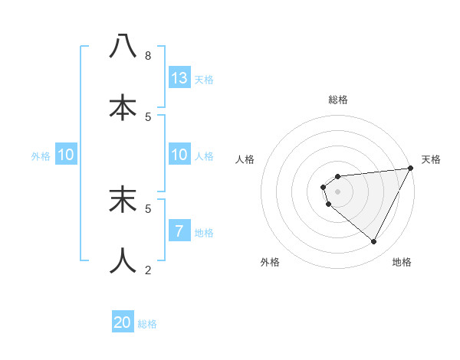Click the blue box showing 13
tap(179, 77)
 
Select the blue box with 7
tap(179, 231)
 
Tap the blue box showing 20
tap(123, 322)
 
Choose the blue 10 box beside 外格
tap(66, 155)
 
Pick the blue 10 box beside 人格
tap(179, 155)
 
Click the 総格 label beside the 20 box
tap(147, 324)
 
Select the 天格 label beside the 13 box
tap(204, 79)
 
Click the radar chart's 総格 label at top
tap(337, 100)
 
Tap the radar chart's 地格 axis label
tap(402, 262)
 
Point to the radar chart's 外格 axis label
tap(270, 262)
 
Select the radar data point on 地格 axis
tap(374, 242)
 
